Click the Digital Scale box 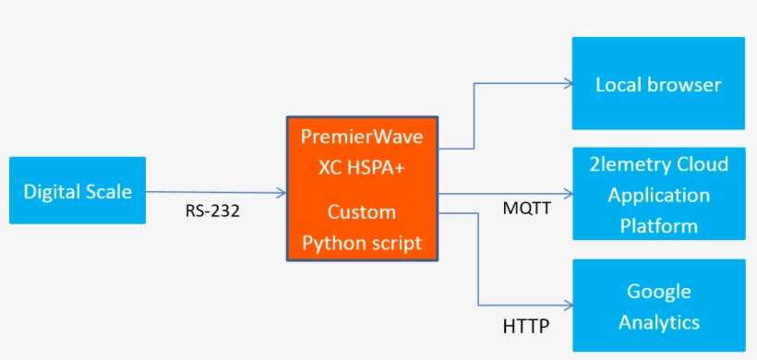pos(78,190)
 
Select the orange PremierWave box pos(362,188)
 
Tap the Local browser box pos(658,83)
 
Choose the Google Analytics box pos(659,306)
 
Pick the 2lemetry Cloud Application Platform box pos(659,194)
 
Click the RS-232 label pos(212,210)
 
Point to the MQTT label pos(527,209)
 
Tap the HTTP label pos(526,327)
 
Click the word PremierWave pos(362,137)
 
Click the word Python pos(332,243)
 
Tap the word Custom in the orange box pos(362,212)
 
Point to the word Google pos(659,292)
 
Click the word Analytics pos(659,322)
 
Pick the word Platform pos(659,226)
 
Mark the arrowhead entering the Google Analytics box pos(568,306)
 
